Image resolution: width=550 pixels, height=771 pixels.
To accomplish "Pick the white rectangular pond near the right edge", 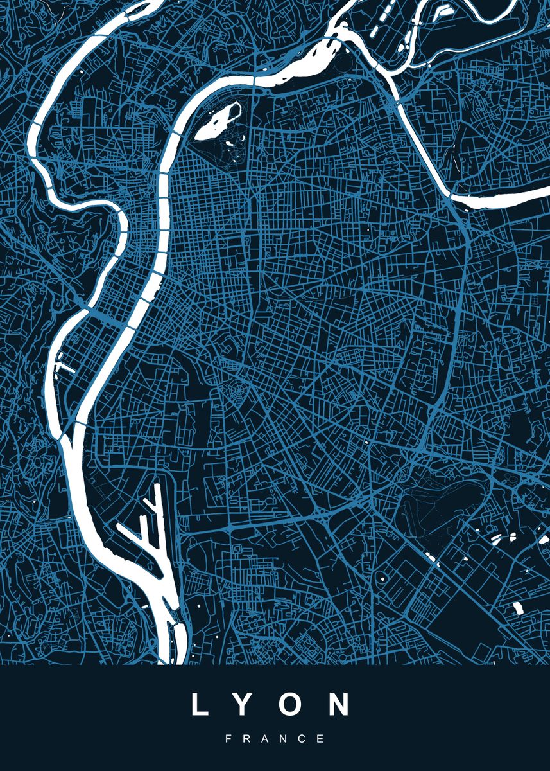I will (518, 607).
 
